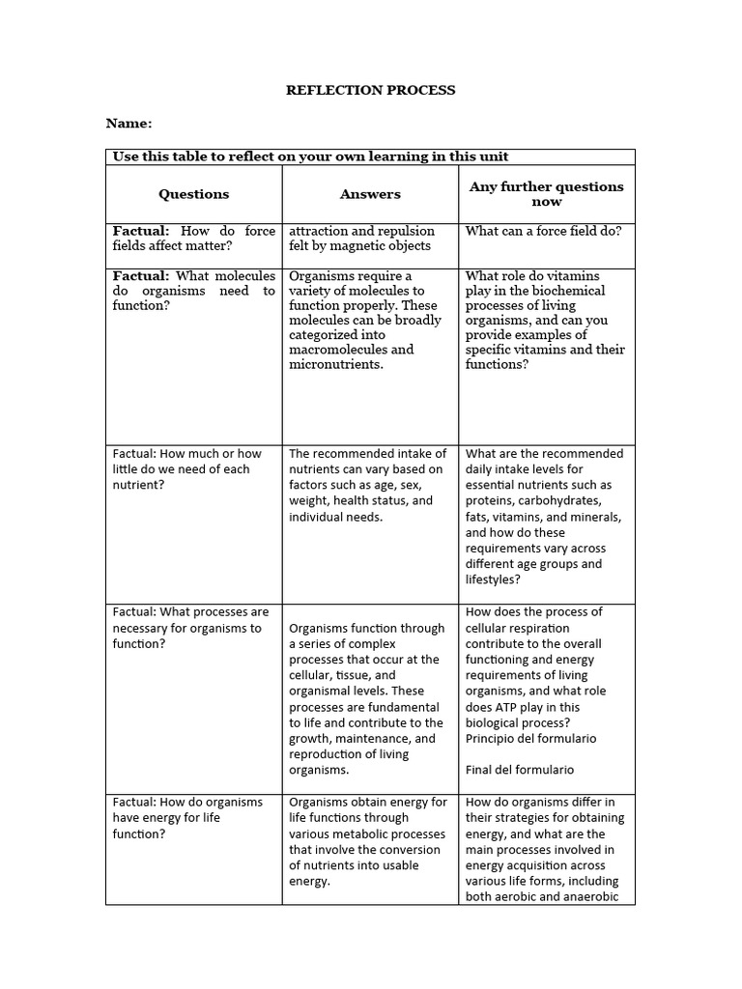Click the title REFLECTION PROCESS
tap(370, 90)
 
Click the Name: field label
tap(128, 124)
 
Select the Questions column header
tap(194, 194)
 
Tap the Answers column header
tap(370, 194)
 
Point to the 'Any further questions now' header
tap(546, 194)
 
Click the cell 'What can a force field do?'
tap(544, 231)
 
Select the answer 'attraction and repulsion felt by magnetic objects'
tap(362, 239)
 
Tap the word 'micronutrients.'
tap(336, 364)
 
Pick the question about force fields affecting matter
tap(193, 239)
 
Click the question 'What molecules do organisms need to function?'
tap(193, 291)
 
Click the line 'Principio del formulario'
tap(530, 739)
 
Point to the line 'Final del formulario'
tap(520, 770)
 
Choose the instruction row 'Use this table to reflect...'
tap(311, 156)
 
